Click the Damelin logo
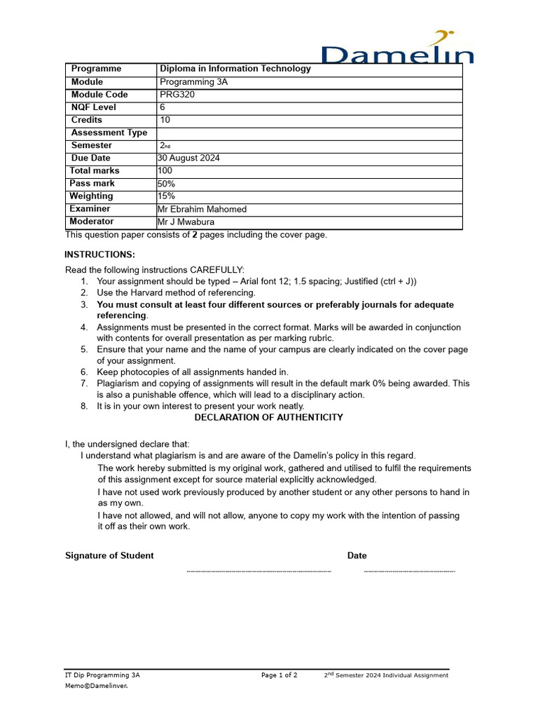[396, 49]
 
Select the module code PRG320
[177, 95]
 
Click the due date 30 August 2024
[188, 158]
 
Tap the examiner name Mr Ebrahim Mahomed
[202, 209]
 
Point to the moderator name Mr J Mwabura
[186, 222]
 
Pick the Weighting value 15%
[167, 196]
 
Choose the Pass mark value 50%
[167, 183]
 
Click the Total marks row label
[95, 170]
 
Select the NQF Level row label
[94, 107]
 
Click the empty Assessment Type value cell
[308, 133]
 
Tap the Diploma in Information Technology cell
[235, 69]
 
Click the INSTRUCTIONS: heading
[100, 255]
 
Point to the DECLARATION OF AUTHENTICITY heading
[268, 417]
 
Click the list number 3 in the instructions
[83, 305]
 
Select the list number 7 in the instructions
[83, 384]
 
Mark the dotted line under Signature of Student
[258, 572]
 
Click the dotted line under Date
[410, 572]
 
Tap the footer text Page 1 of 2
[279, 675]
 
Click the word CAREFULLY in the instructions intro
[216, 270]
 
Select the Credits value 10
[165, 120]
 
